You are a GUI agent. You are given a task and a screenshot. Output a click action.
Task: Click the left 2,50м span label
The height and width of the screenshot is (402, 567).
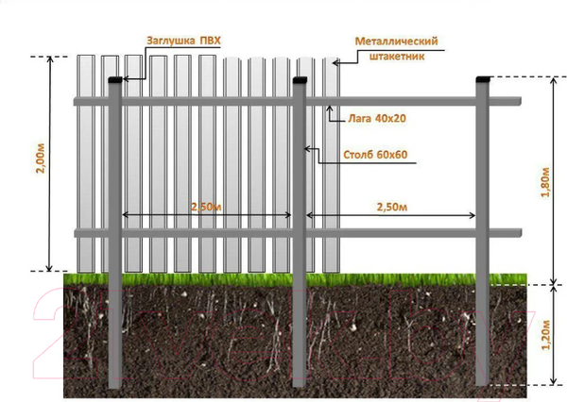(x=207, y=207)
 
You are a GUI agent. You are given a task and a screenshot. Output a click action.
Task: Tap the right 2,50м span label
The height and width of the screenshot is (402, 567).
(x=390, y=207)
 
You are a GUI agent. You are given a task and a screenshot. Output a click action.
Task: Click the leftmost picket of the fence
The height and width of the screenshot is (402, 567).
(x=87, y=160)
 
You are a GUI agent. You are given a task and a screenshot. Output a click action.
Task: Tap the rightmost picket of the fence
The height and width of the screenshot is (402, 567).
(x=331, y=160)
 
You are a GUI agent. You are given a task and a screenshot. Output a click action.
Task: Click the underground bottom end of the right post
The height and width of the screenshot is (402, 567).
(x=483, y=381)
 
